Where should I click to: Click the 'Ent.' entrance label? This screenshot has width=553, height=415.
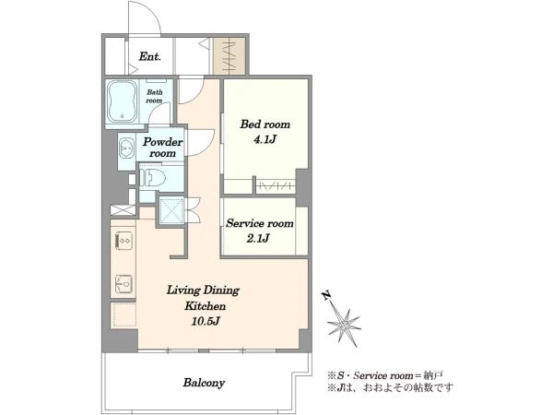pos(150,56)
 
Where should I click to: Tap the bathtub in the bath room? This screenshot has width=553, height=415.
pos(122,101)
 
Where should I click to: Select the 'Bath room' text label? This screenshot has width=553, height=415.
pos(155,96)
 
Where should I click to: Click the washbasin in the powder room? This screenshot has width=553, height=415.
pos(126,148)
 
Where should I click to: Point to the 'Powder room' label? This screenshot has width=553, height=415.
pos(162,148)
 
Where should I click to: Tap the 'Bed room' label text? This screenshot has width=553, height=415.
pos(265,125)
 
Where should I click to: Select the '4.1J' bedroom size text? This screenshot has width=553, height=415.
pos(265,140)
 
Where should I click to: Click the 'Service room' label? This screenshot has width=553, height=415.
pos(260,223)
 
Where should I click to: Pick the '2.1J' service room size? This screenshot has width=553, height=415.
pos(258,239)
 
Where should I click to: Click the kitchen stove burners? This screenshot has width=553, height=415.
pos(124,241)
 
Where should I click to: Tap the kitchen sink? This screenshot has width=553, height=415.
pos(124,284)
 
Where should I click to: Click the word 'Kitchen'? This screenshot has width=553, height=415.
pos(205,306)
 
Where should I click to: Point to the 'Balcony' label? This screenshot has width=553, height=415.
pos(204,383)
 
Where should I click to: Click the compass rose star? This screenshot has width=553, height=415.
pos(344,327)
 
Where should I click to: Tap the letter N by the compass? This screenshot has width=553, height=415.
pos(327,295)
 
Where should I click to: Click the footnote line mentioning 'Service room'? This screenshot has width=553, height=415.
pos(385,375)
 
